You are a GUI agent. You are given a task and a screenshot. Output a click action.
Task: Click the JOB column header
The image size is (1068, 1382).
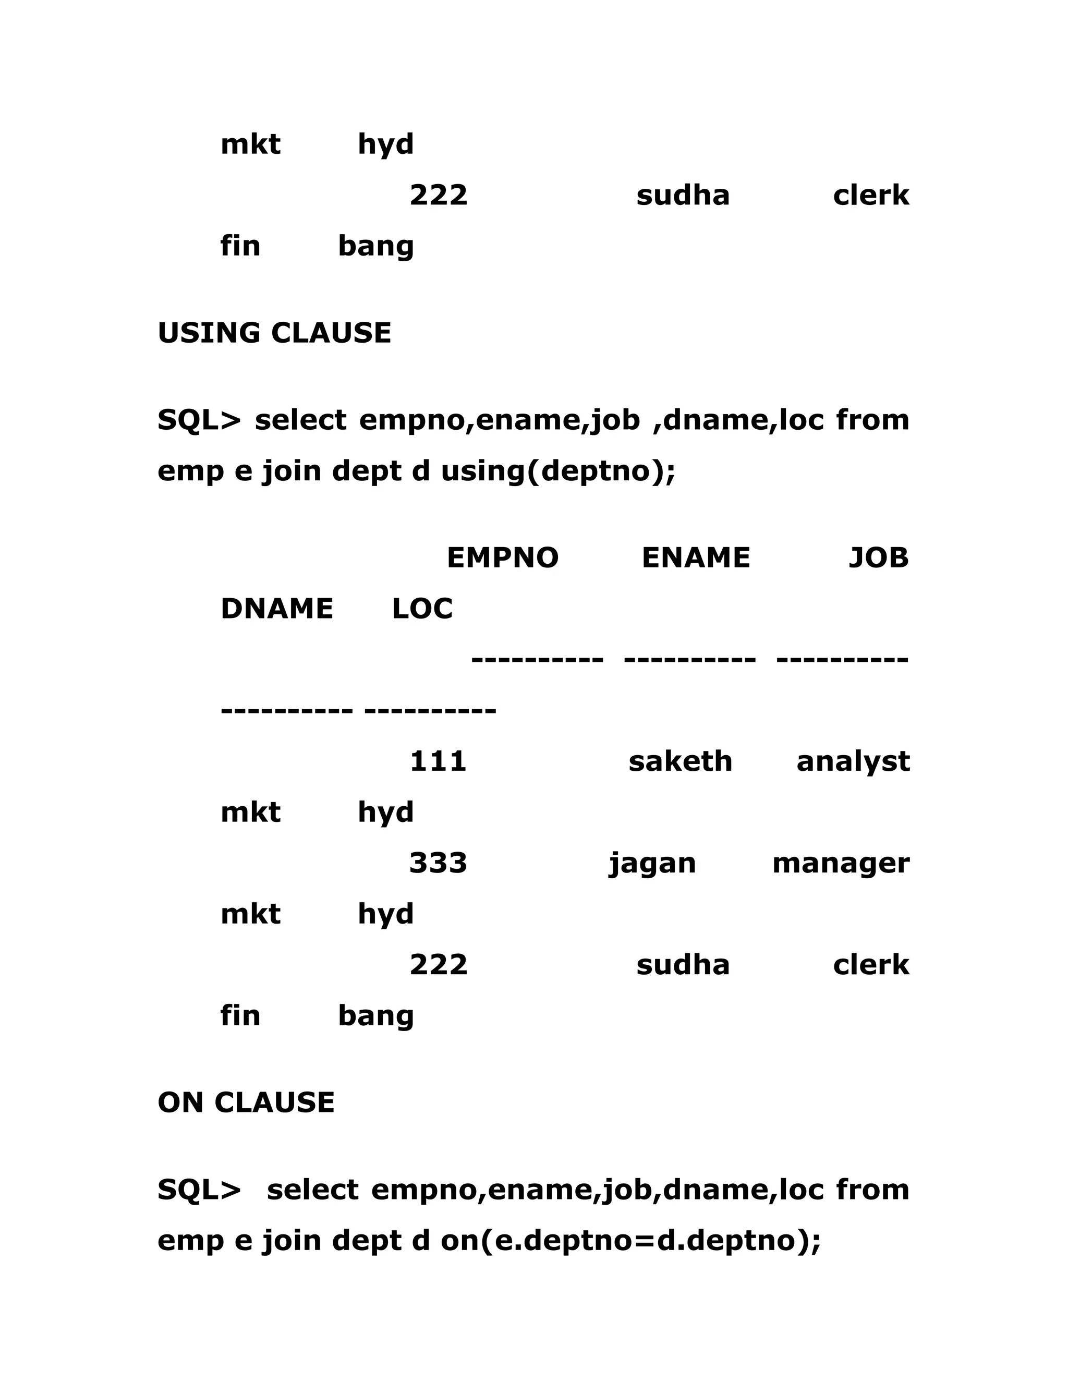pyautogui.click(x=878, y=558)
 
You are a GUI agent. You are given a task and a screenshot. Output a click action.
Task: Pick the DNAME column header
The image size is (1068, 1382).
pyautogui.click(x=276, y=609)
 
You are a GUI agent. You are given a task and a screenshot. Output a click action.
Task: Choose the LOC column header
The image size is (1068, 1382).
pyautogui.click(x=422, y=609)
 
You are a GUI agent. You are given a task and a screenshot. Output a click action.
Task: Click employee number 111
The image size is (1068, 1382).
pyautogui.click(x=438, y=761)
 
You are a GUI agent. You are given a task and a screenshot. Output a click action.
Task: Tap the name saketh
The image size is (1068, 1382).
pyautogui.click(x=680, y=761)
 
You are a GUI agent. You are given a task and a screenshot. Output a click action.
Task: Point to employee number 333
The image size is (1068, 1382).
pyautogui.click(x=438, y=863)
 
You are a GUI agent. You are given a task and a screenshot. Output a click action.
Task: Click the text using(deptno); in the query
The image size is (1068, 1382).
pyautogui.click(x=558, y=472)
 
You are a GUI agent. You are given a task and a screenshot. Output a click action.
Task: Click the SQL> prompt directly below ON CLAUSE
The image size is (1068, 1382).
pyautogui.click(x=199, y=1190)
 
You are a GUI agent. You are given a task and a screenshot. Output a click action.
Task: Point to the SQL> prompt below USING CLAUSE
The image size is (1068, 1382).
pyautogui.click(x=199, y=421)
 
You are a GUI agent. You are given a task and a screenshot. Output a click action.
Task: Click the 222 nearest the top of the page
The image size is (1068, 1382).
pyautogui.click(x=438, y=195)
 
